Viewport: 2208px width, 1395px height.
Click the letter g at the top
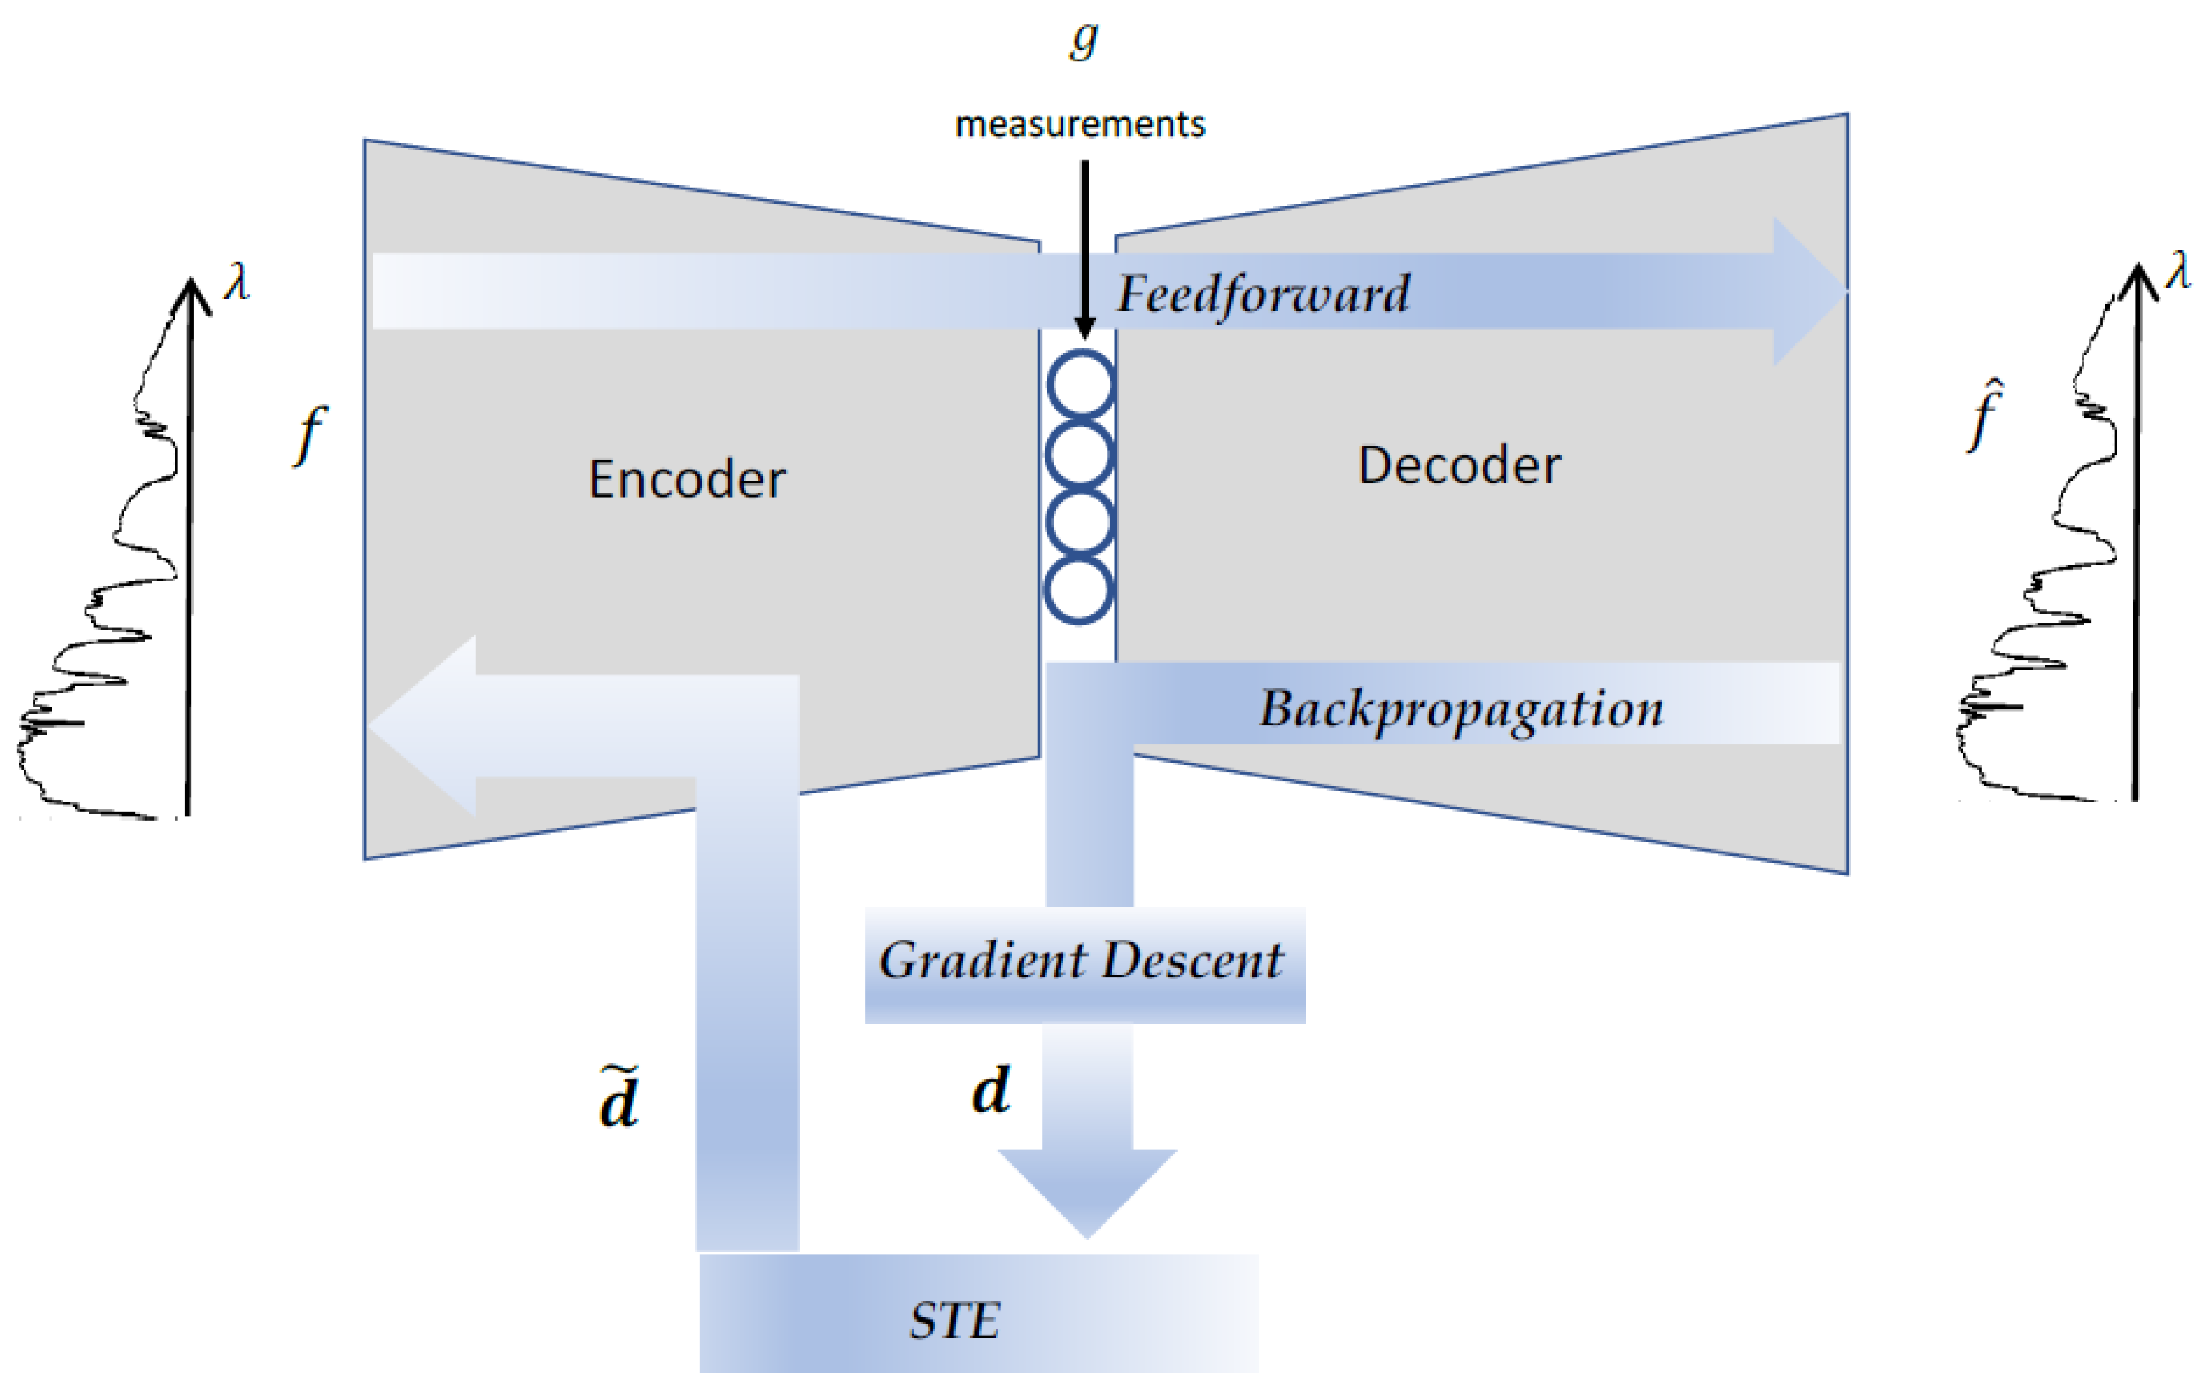click(x=1084, y=40)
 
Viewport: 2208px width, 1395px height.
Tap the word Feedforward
click(x=1263, y=294)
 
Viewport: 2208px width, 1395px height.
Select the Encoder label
click(x=687, y=479)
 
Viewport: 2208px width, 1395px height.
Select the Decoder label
click(x=1459, y=466)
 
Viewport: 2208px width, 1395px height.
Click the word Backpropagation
click(x=1460, y=709)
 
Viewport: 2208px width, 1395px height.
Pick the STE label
click(x=955, y=1320)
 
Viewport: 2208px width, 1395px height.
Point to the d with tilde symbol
click(x=619, y=1098)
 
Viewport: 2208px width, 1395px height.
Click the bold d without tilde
click(x=991, y=1091)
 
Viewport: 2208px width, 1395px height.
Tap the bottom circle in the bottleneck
click(x=1079, y=590)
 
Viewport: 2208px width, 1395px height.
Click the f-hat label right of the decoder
click(x=1985, y=417)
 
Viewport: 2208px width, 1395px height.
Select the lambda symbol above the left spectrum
click(x=237, y=283)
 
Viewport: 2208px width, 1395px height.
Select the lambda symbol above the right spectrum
click(x=2178, y=271)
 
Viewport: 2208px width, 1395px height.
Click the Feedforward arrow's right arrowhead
click(x=1807, y=291)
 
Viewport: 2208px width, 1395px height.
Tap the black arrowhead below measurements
click(x=1085, y=327)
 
